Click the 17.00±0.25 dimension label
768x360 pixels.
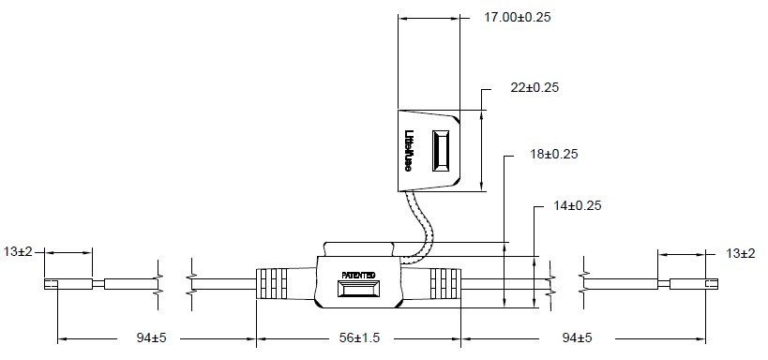coord(518,17)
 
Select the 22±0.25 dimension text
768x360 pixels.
coord(535,88)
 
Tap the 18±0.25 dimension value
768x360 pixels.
coord(554,154)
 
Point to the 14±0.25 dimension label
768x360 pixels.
coord(577,205)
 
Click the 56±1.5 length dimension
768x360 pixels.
coord(359,337)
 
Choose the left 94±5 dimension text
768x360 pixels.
coord(151,337)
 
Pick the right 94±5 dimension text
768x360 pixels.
coord(577,337)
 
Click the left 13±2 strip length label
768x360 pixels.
coord(18,252)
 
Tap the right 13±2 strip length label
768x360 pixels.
coord(741,253)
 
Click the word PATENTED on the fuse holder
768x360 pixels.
coord(358,276)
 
